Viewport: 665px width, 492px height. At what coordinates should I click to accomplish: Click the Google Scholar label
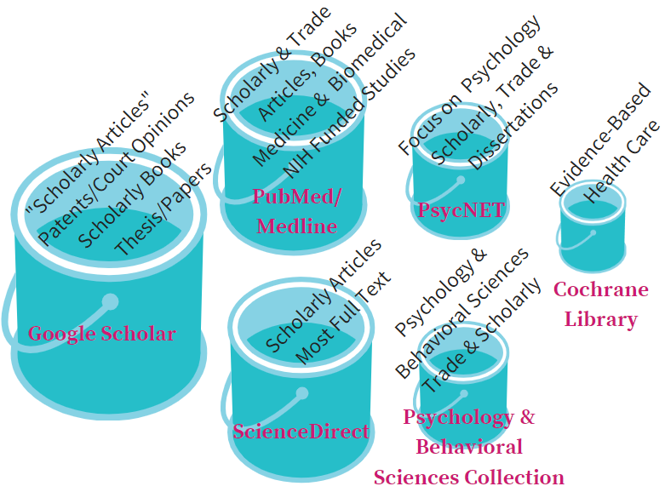pyautogui.click(x=101, y=334)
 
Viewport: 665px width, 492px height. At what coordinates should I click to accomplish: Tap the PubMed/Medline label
pyautogui.click(x=296, y=211)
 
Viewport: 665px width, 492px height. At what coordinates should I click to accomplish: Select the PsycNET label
pyautogui.click(x=461, y=209)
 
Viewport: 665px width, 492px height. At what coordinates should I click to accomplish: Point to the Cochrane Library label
pyautogui.click(x=601, y=304)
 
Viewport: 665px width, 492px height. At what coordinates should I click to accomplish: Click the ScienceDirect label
pyautogui.click(x=301, y=431)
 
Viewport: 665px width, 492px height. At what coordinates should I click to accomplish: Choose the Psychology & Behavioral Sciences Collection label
pyautogui.click(x=469, y=447)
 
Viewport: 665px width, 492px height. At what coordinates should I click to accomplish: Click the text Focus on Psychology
pyautogui.click(x=469, y=85)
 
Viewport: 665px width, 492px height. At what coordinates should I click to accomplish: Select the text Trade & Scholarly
pyautogui.click(x=482, y=335)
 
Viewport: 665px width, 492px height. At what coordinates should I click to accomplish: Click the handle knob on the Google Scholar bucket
pyautogui.click(x=110, y=300)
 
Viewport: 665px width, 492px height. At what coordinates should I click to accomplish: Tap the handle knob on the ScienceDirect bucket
pyautogui.click(x=301, y=393)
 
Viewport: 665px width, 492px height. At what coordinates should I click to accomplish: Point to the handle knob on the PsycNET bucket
pyautogui.click(x=461, y=180)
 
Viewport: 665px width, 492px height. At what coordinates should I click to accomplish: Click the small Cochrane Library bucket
pyautogui.click(x=593, y=230)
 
